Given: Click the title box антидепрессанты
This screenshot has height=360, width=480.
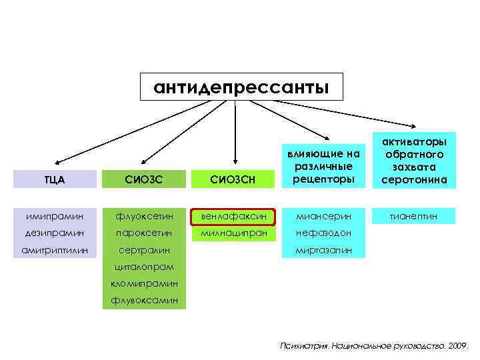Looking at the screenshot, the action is coord(241,87).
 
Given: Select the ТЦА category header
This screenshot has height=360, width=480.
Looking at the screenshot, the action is coord(55,178).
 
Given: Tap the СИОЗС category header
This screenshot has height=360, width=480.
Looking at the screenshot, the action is coord(145,178).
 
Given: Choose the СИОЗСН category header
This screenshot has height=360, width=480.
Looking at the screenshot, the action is coord(233,178).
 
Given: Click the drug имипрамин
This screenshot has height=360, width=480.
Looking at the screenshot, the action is coord(55,216).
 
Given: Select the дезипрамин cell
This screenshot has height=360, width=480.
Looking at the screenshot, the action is coord(55,234).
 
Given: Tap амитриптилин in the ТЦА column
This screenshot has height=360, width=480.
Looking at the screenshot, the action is coord(55,251).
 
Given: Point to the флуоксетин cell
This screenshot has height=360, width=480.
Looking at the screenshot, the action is coord(145,216).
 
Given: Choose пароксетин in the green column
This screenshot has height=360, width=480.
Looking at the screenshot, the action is coord(145,234).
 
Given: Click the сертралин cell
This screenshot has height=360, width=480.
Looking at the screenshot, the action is coord(145,251).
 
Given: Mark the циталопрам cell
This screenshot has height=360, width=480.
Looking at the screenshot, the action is coord(145,267).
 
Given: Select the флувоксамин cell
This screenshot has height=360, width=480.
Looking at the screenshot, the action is coord(145,301).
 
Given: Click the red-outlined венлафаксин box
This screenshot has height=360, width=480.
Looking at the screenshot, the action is coord(233,216).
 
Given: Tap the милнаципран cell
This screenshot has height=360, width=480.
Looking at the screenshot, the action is coord(233,234).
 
